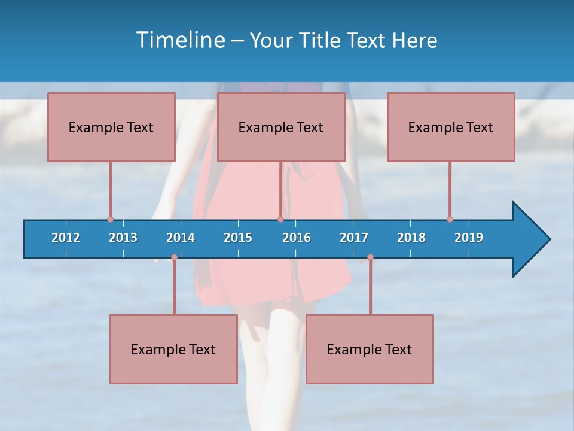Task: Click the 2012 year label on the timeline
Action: [66, 238]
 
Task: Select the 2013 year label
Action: [123, 238]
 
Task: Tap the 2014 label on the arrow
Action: [181, 238]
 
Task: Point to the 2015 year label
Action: [238, 238]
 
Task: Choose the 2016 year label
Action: [297, 238]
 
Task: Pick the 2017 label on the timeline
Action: [354, 238]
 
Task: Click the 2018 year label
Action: [411, 238]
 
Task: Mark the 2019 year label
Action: [469, 238]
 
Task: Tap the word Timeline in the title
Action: [179, 40]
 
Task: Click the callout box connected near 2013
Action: [111, 127]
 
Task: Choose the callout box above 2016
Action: [281, 127]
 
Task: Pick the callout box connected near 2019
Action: [451, 127]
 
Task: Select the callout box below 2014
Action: [173, 349]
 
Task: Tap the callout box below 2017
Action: [370, 349]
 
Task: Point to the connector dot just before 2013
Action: [110, 220]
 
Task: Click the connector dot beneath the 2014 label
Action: [174, 257]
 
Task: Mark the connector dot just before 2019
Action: [450, 220]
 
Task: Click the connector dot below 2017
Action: [370, 257]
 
